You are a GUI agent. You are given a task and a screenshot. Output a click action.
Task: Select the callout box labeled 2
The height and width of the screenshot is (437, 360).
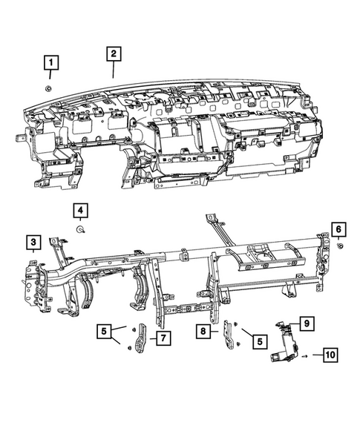[113, 53]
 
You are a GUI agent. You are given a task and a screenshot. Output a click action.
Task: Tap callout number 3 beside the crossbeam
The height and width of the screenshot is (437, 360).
[33, 241]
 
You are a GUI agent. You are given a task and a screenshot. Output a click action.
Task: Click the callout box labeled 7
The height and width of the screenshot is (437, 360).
[162, 338]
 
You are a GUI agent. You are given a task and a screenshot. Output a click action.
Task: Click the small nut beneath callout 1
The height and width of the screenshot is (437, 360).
[49, 88]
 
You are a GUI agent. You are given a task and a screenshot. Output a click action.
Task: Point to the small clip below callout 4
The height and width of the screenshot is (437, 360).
[79, 230]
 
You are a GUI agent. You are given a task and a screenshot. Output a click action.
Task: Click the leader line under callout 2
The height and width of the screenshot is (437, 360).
[113, 70]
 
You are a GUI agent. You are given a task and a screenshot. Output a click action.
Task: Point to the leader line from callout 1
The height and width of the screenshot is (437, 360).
[50, 76]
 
